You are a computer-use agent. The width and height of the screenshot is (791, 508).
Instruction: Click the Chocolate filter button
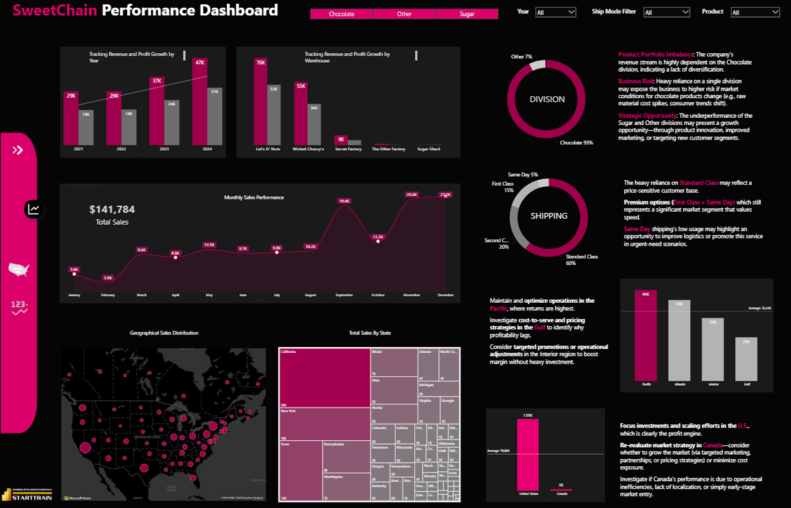pyautogui.click(x=341, y=14)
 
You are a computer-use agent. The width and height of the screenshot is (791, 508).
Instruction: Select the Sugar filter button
pyautogui.click(x=467, y=14)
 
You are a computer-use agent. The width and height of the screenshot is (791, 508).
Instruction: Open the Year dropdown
pyautogui.click(x=555, y=12)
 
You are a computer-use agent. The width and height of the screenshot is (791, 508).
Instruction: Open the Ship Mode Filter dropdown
pyautogui.click(x=666, y=12)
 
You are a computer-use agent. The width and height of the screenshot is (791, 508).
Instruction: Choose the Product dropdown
pyautogui.click(x=755, y=12)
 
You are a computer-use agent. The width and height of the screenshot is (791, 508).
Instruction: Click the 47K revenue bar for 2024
pyautogui.click(x=200, y=101)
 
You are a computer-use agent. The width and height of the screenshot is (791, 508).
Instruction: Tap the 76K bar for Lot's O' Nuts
pyautogui.click(x=260, y=101)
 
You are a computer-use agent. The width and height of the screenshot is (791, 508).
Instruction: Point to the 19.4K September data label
pyautogui.click(x=345, y=201)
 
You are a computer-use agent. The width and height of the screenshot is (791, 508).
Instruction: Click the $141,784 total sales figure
pyautogui.click(x=112, y=210)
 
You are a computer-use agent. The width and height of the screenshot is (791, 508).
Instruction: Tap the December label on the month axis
pyautogui.click(x=445, y=295)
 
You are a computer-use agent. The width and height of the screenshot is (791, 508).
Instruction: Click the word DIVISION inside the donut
pyautogui.click(x=548, y=99)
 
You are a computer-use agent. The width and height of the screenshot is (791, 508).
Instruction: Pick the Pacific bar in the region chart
pyautogui.click(x=646, y=335)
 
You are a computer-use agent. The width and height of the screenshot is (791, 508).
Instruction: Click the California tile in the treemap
pyautogui.click(x=324, y=377)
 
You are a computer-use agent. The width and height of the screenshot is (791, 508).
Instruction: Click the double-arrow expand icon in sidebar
pyautogui.click(x=18, y=150)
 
